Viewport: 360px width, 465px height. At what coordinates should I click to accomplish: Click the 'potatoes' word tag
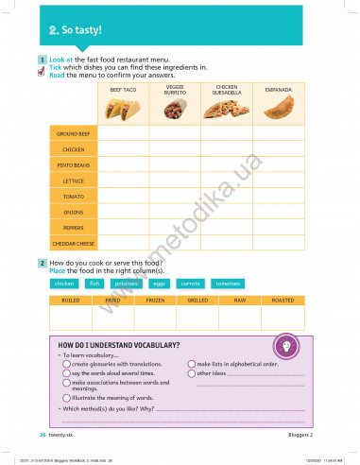pyautogui.click(x=126, y=284)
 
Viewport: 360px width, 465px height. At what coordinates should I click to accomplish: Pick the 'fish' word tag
pyautogui.click(x=94, y=284)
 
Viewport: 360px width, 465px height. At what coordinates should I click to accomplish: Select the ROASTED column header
pyautogui.click(x=283, y=301)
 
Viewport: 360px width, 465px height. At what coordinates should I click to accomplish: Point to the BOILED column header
pyautogui.click(x=70, y=301)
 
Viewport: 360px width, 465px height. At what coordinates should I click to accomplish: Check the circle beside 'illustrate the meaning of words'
pyautogui.click(x=66, y=399)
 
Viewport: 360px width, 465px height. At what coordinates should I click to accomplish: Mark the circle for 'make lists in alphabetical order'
pyautogui.click(x=191, y=363)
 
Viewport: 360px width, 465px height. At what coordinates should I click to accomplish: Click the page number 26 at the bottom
pyautogui.click(x=42, y=435)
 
